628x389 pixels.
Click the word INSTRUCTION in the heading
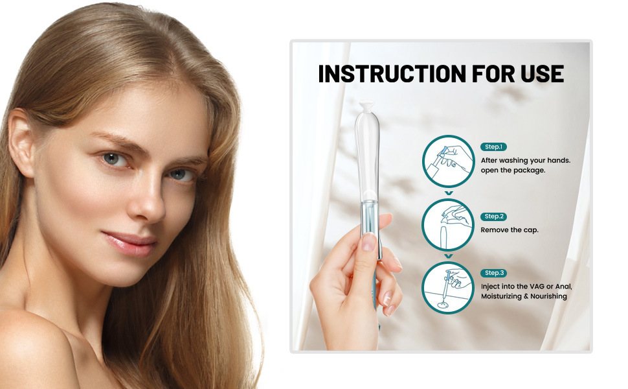coord(392,74)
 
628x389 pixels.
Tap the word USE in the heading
coord(543,74)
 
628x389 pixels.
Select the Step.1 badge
coord(493,147)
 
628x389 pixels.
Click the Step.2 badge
coord(493,217)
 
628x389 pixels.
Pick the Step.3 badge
coord(493,273)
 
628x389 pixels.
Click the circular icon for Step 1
coord(448,161)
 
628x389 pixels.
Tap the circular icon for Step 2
coord(448,225)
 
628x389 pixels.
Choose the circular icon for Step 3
coord(448,288)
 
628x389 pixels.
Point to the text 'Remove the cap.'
coord(510,230)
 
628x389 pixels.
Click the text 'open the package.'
coord(513,171)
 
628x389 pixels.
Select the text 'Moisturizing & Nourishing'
coord(524,296)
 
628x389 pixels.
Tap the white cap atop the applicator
coord(367,106)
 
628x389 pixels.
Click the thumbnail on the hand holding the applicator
coord(369,242)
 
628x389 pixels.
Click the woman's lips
coord(129,242)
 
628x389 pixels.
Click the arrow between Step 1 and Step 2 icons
coord(449,193)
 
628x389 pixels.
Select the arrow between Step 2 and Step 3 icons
coord(449,256)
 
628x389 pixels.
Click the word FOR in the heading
coord(493,74)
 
